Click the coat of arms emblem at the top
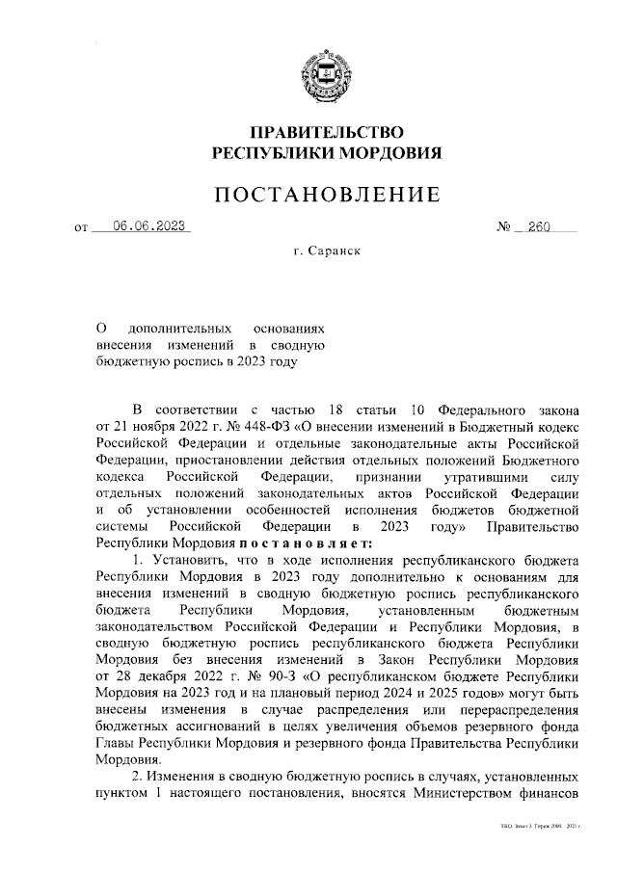coord(327,70)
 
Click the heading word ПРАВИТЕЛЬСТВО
coord(327,131)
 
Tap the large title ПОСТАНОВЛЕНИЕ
coord(327,195)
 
